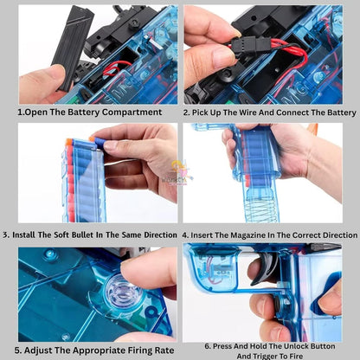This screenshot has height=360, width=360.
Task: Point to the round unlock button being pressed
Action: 276,304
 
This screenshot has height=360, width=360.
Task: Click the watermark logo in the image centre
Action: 179,172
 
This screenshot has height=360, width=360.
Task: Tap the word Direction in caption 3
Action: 160,235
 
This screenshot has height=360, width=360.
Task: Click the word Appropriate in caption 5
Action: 98,350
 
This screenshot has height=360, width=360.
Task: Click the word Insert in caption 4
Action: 200,235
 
